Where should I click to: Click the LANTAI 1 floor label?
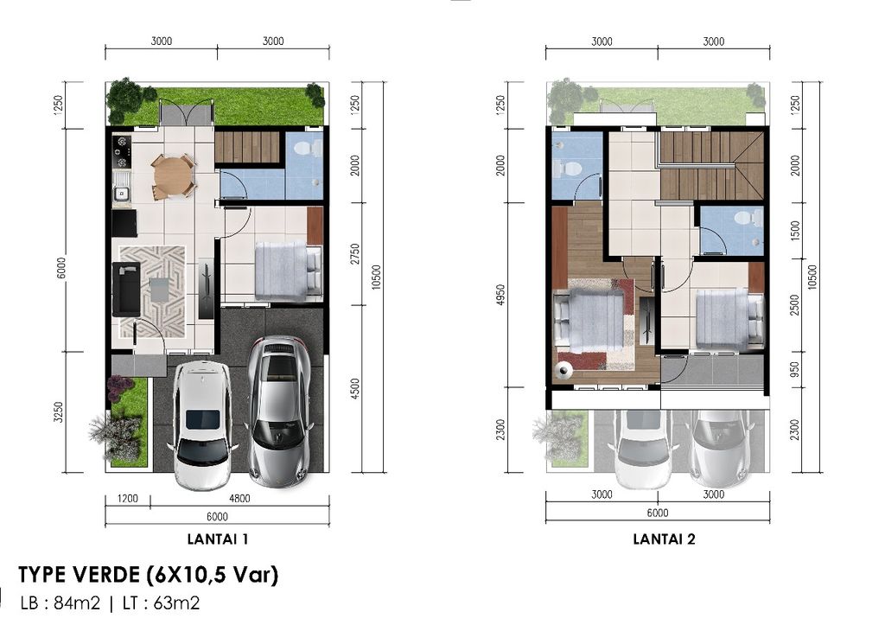pos(217,539)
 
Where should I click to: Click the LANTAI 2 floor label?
pos(664,539)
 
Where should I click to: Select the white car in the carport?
pos(202,424)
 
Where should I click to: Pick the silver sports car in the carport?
pos(278,411)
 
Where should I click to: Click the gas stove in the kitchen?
pos(121,151)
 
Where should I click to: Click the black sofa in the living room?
pos(126,289)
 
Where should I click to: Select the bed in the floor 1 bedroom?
pos(288,271)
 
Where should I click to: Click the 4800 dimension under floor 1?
pos(239,498)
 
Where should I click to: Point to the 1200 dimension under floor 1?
pos(128,498)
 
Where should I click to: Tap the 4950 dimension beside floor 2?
pos(500,295)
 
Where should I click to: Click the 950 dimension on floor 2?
pos(795,370)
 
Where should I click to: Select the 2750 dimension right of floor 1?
pos(354,254)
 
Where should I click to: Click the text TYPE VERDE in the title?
pos(79,576)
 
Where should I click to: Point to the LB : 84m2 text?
pos(60,603)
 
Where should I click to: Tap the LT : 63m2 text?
pos(162,603)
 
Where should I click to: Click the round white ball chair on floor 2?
pos(563,370)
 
